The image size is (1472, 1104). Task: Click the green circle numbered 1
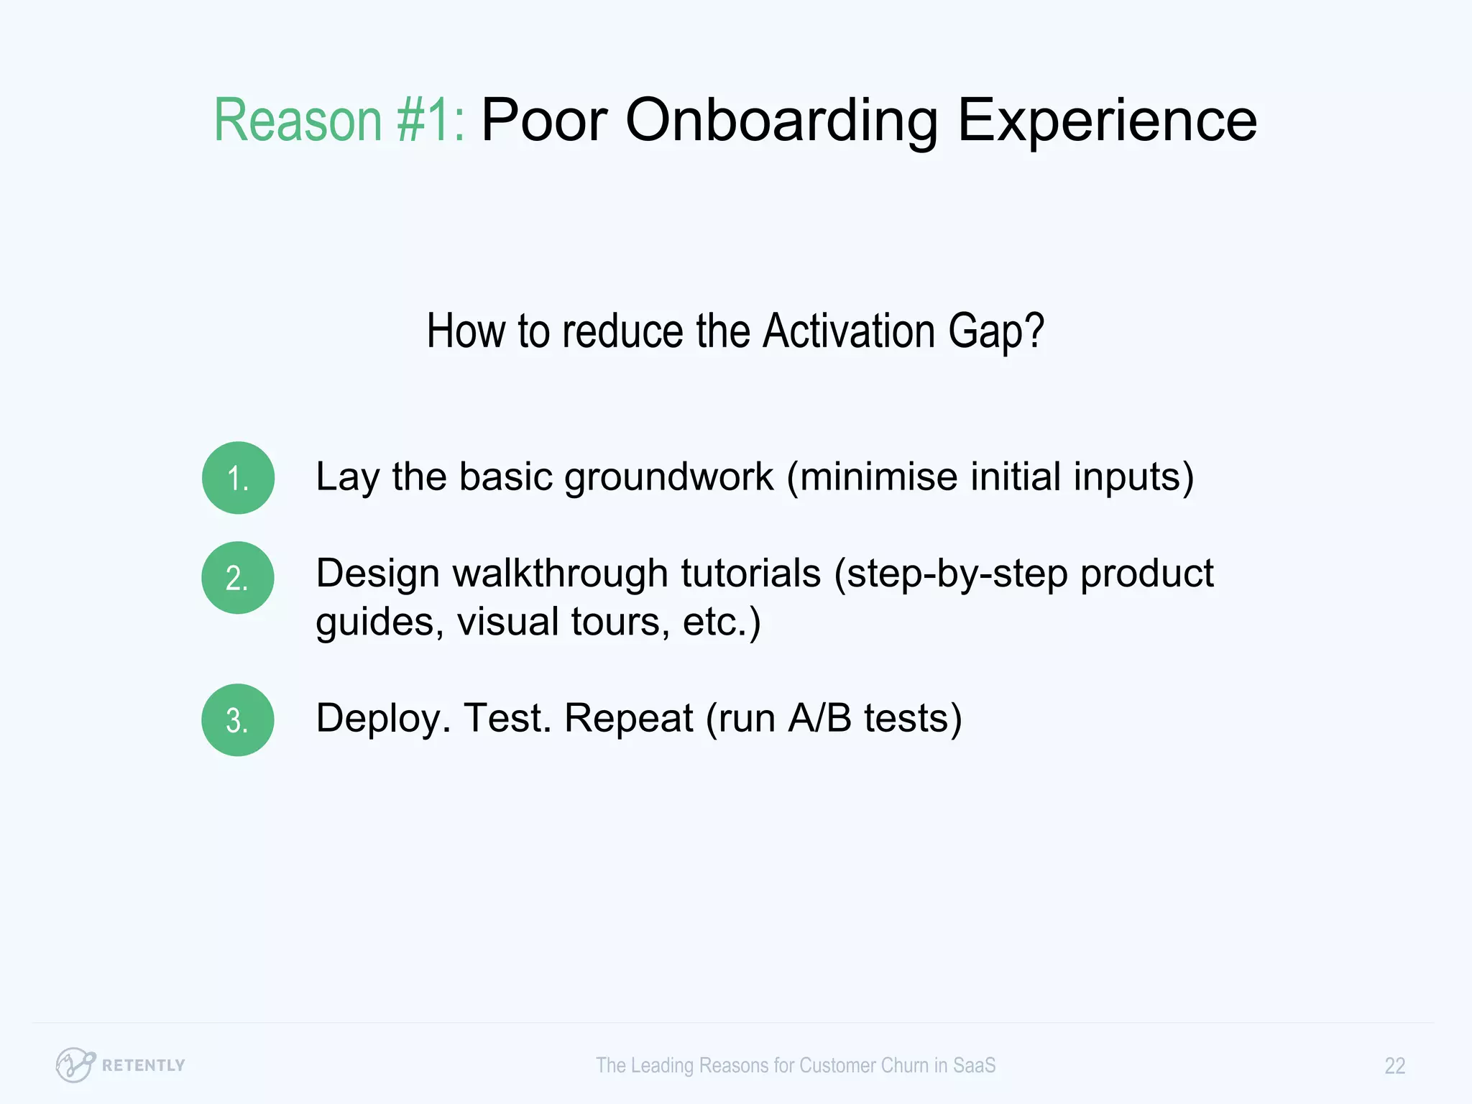point(238,478)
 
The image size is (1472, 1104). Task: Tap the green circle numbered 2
point(238,578)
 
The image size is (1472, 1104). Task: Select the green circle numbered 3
point(238,719)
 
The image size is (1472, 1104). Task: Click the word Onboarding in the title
point(781,120)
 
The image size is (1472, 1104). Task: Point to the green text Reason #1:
point(339,120)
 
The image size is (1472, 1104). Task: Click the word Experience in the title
point(1107,120)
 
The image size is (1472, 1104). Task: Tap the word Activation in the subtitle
point(849,331)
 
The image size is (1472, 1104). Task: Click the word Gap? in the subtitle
point(995,333)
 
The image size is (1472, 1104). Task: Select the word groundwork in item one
point(668,477)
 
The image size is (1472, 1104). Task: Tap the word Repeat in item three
point(628,718)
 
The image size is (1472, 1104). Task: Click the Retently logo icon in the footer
point(75,1064)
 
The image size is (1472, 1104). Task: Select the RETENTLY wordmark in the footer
point(143,1065)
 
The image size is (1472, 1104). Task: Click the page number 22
point(1394,1065)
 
